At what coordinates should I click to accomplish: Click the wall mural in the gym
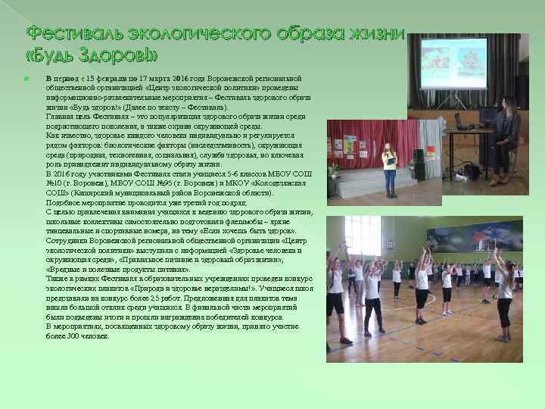pos(484,236)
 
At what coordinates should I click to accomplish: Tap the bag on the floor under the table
pos(472,171)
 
